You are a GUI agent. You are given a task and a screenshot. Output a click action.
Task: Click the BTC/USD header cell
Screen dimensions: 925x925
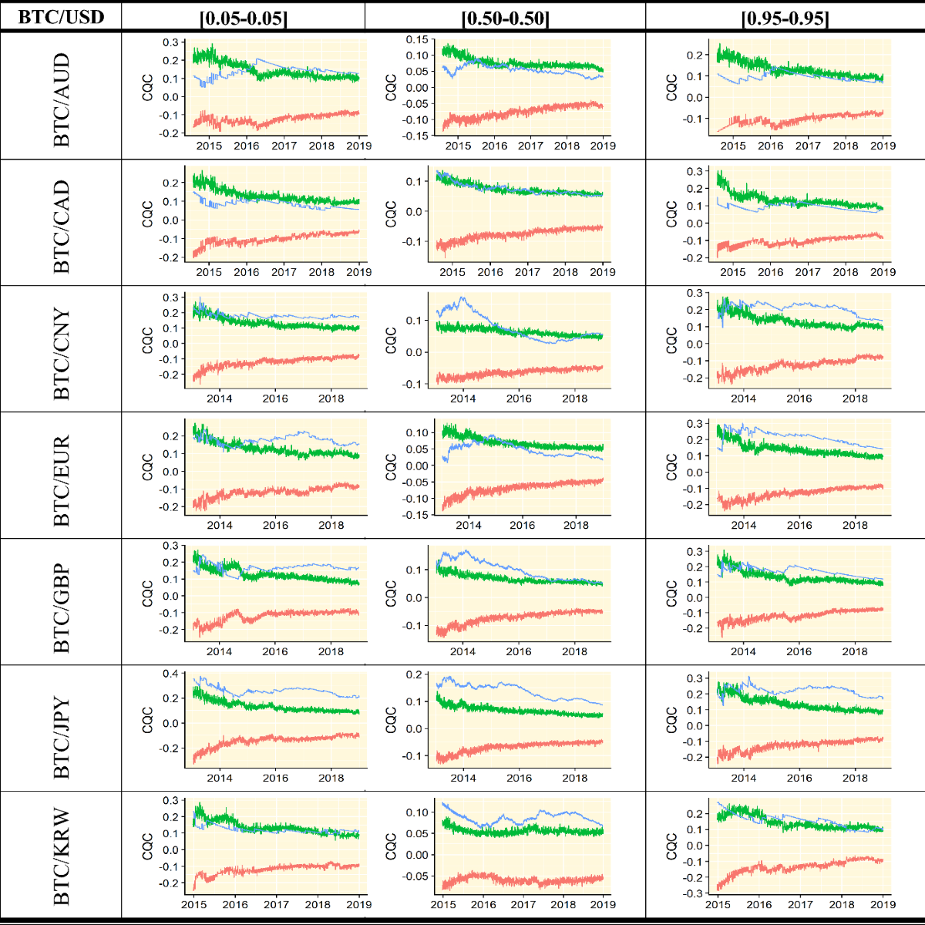(61, 16)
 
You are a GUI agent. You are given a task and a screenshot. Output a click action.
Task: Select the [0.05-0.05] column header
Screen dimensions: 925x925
(243, 18)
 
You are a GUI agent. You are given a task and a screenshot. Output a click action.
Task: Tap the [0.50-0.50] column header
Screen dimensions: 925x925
(505, 18)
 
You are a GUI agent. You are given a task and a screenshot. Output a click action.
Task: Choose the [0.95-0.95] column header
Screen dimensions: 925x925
(785, 18)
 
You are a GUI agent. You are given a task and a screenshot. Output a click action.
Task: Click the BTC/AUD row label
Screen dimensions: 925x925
(61, 99)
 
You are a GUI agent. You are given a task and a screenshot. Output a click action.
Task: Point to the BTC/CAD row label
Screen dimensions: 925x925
(61, 227)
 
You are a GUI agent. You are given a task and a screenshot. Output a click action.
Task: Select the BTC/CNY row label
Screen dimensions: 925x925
(61, 354)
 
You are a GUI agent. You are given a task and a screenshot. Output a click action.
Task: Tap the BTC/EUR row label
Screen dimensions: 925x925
(61, 480)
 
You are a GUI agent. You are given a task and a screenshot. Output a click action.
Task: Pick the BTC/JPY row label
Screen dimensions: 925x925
(61, 737)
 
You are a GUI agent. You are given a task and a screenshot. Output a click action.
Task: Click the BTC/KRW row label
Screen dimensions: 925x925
(61, 856)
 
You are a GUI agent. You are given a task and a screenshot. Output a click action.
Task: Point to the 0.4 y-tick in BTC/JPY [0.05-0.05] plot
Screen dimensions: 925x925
(170, 674)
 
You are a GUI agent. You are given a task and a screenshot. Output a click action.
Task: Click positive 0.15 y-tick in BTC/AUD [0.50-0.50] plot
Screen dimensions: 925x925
(417, 39)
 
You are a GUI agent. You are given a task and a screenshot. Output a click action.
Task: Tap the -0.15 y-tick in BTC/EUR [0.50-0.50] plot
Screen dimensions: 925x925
(417, 515)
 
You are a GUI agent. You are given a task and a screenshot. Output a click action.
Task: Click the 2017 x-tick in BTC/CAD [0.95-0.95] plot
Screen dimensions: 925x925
(808, 272)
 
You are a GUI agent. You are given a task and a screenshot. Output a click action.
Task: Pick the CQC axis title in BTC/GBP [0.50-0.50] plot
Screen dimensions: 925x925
(391, 594)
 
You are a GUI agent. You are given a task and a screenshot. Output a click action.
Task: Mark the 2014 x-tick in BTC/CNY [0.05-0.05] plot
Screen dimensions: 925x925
(220, 399)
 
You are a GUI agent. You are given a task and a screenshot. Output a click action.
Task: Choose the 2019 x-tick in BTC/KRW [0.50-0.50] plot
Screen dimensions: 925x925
(603, 904)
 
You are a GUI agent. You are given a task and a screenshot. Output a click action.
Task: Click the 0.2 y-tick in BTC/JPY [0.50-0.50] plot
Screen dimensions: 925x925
(414, 674)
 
